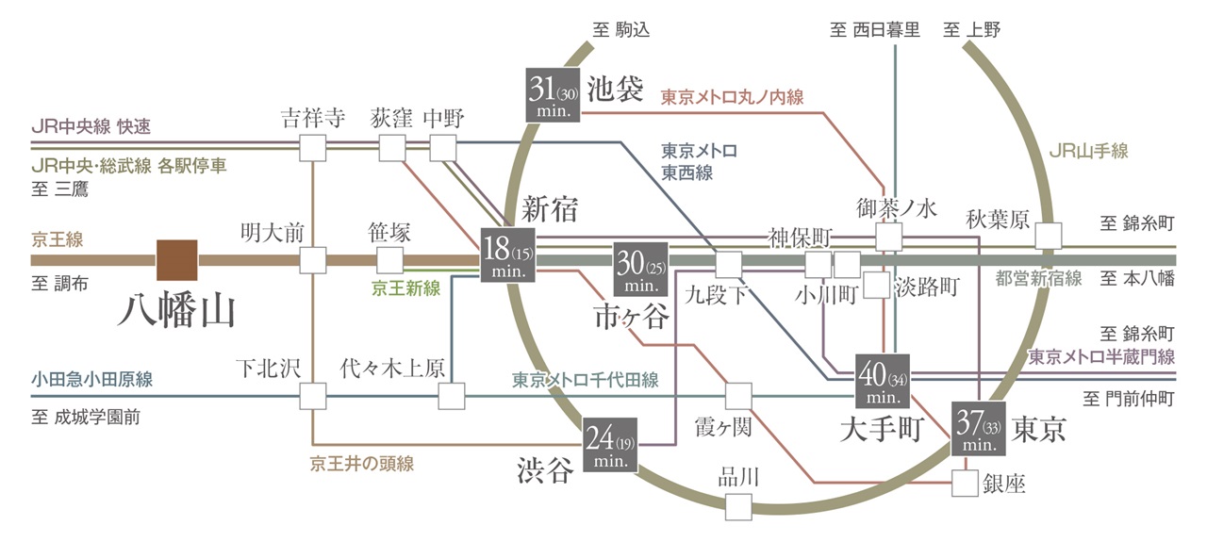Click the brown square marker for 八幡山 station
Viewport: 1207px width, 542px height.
(176, 260)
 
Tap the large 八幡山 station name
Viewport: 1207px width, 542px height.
(178, 310)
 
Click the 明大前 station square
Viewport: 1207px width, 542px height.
(312, 259)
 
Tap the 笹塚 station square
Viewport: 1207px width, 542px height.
(389, 260)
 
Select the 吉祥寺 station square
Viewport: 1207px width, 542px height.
(312, 148)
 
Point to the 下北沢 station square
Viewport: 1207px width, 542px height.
(312, 396)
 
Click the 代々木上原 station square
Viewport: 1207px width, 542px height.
(452, 396)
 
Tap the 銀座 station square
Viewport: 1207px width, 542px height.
(964, 484)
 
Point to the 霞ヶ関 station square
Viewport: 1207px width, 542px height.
(738, 396)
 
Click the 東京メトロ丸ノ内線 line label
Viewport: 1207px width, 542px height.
(733, 97)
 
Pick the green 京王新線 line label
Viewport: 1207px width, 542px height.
(406, 288)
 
